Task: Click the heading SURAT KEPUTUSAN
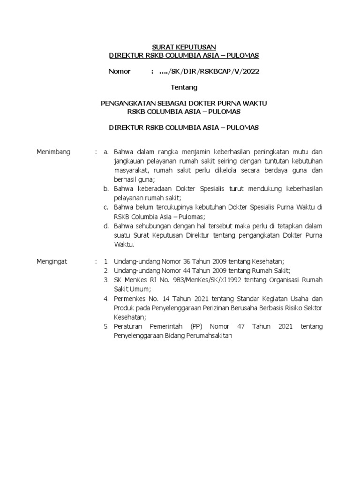point(184,47)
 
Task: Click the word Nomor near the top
point(120,71)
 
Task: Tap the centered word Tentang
point(184,87)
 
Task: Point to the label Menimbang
point(53,151)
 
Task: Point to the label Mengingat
point(52,262)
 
